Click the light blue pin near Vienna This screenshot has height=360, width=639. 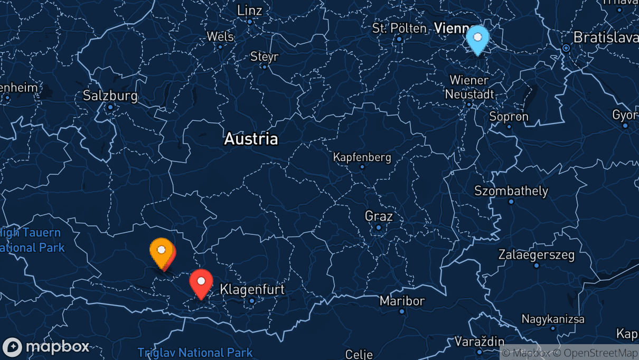477,38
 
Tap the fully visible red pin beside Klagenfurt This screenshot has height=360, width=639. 201,281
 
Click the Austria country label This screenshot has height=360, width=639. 251,139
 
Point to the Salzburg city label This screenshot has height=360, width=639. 110,96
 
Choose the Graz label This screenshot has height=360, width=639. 379,216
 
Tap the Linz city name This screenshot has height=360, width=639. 250,10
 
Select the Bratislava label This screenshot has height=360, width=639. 606,37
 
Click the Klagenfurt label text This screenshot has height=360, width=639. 252,289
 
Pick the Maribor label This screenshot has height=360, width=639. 402,301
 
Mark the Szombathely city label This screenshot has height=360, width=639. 511,191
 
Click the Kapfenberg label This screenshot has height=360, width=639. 362,157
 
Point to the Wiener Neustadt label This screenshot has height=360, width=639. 469,87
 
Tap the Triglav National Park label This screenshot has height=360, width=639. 195,352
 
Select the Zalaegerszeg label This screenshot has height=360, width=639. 536,255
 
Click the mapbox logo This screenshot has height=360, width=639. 46,347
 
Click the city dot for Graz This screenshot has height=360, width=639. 379,228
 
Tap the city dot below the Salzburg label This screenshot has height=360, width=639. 110,107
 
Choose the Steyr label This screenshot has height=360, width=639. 264,56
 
